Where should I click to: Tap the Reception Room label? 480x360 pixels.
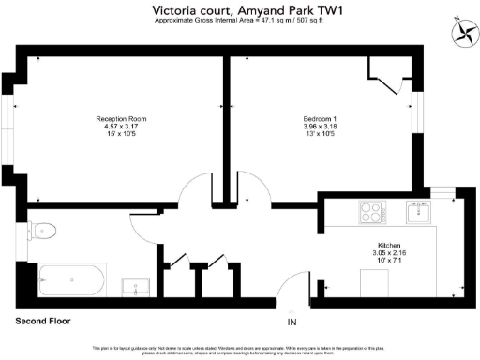click(121, 119)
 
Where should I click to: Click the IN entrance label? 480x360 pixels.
click(292, 322)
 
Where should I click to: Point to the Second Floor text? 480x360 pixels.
click(43, 321)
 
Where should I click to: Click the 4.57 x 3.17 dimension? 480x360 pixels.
click(121, 127)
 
